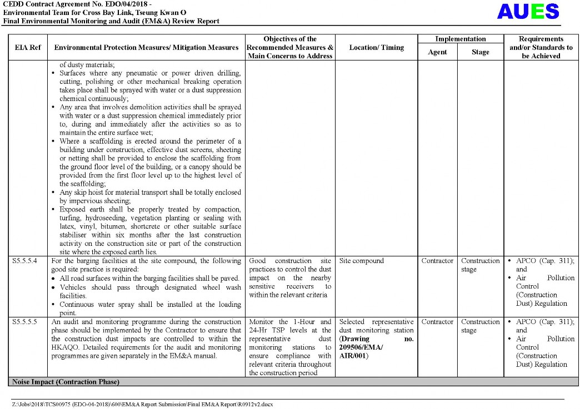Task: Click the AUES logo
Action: coord(528,12)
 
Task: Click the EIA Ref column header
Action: coord(28,48)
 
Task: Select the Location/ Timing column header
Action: coord(376,48)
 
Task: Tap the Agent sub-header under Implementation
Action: coord(437,52)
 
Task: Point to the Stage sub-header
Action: coord(480,52)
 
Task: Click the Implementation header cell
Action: coord(460,39)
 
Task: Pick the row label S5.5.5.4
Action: coord(25,261)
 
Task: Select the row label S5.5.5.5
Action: coord(25,322)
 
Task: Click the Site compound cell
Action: coord(361,261)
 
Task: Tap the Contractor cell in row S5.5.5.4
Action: coord(437,261)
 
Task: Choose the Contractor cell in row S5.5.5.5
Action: coord(437,322)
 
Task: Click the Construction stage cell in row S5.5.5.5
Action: coord(480,326)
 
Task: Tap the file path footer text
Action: coord(143,405)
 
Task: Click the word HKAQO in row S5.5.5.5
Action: coord(64,347)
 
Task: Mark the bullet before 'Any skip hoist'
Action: coord(53,193)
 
